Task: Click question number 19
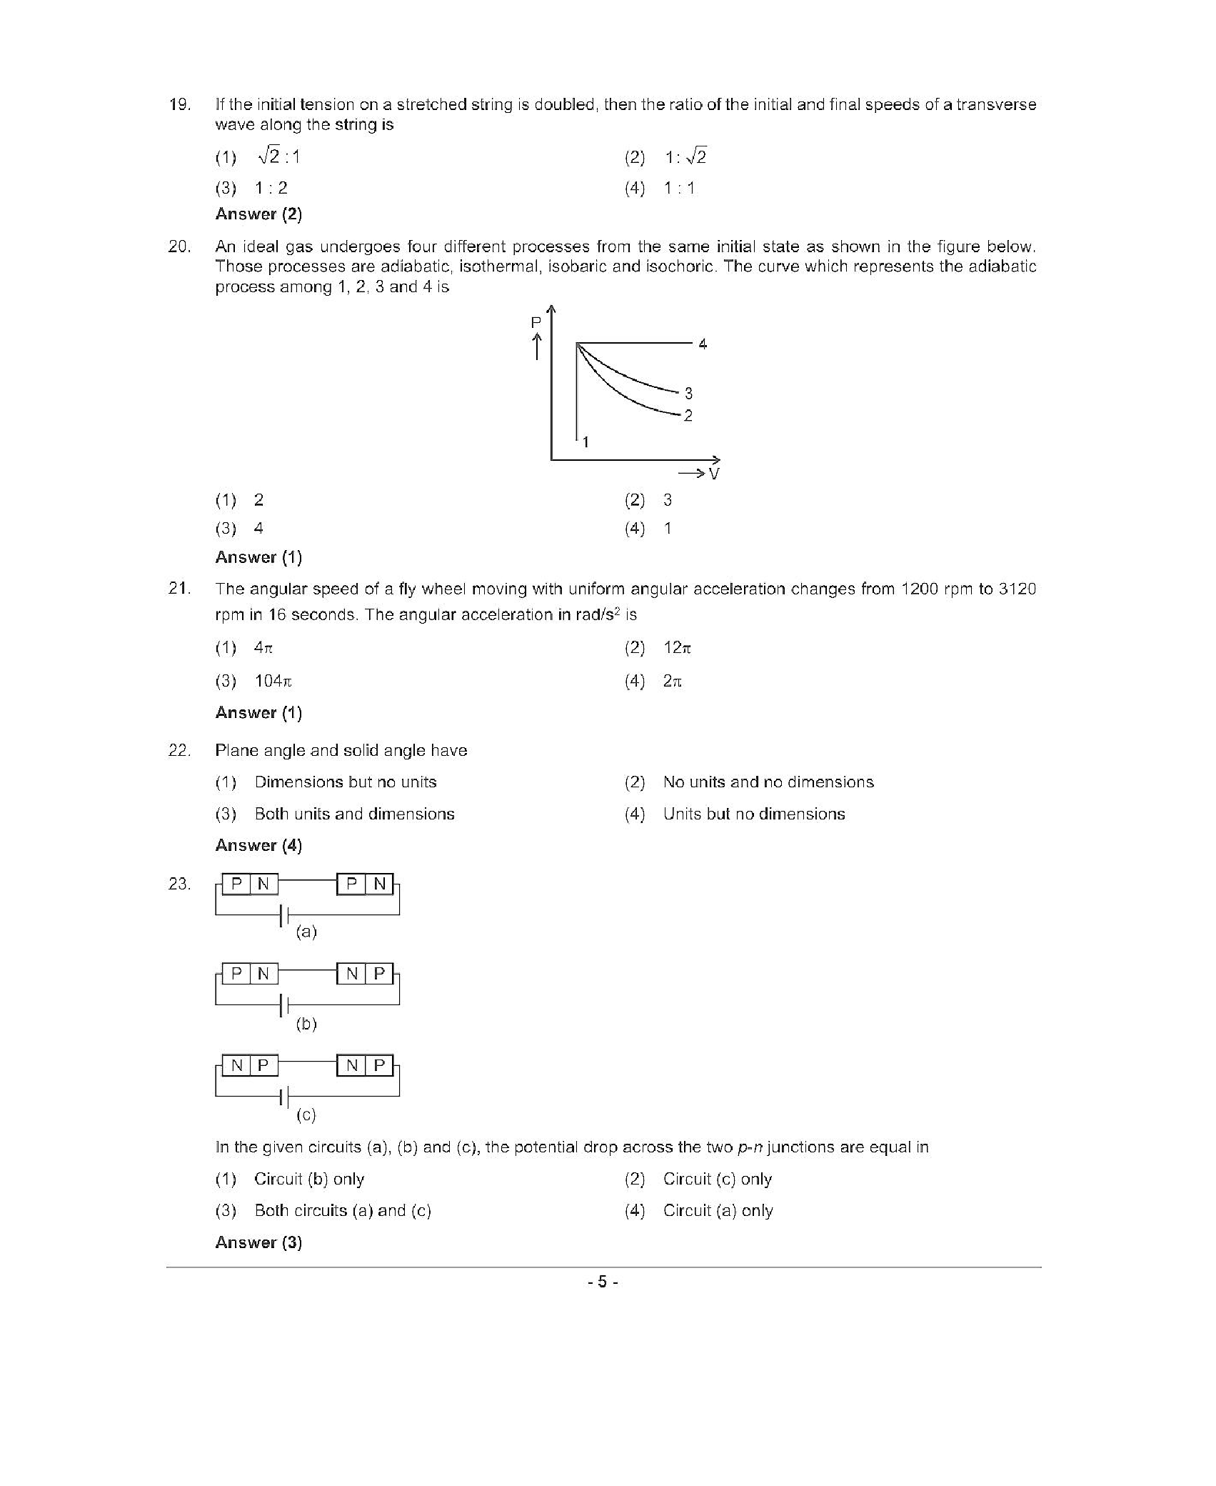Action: (179, 104)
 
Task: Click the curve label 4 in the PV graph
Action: (703, 344)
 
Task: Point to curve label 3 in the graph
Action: (688, 393)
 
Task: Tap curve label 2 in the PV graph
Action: (688, 415)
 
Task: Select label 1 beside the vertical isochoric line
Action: (586, 442)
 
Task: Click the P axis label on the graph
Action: (536, 323)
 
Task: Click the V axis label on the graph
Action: (714, 474)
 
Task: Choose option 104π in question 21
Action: (273, 681)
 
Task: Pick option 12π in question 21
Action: (677, 648)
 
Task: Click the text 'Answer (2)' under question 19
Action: (258, 214)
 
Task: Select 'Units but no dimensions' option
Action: (753, 814)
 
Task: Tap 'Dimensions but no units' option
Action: (346, 782)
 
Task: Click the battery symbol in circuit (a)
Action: (284, 915)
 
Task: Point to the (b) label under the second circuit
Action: (306, 1024)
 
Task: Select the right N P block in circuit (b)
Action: (365, 973)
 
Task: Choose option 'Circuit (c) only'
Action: (717, 1179)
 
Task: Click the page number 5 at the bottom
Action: (603, 1282)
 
